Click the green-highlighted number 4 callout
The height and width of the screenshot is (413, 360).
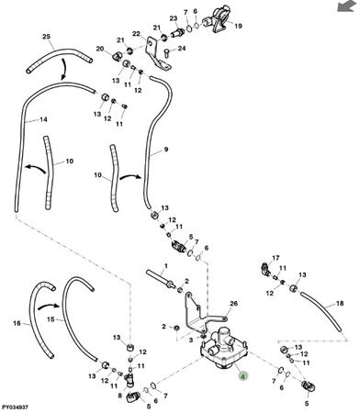click(x=242, y=376)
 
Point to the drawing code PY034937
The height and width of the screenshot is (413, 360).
click(x=15, y=407)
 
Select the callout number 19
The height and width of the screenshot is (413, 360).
click(x=238, y=26)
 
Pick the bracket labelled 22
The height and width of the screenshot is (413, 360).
click(x=157, y=55)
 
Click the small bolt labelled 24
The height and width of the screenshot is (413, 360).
click(x=167, y=54)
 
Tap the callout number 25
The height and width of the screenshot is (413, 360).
click(x=46, y=37)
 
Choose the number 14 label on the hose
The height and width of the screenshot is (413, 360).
click(x=44, y=119)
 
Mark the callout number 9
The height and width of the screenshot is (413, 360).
click(x=166, y=150)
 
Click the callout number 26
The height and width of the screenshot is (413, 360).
click(x=233, y=304)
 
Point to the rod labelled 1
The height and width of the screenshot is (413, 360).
click(x=161, y=278)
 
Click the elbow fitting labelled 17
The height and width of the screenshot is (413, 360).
click(x=265, y=268)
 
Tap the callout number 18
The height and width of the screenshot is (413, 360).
click(x=340, y=303)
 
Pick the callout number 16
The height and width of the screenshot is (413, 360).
click(x=17, y=323)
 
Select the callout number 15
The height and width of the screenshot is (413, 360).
click(x=51, y=319)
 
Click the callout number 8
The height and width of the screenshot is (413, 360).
click(x=120, y=396)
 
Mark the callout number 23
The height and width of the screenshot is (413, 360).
click(x=174, y=18)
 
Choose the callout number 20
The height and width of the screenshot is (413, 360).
click(x=100, y=49)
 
